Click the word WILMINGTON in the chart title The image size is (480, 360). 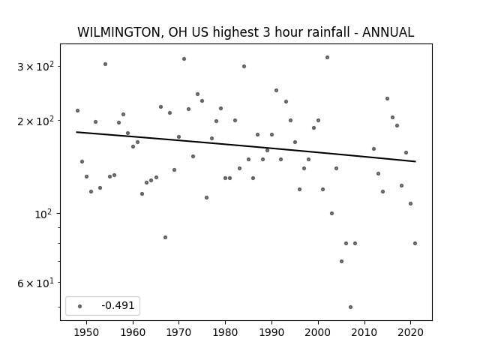point(118,32)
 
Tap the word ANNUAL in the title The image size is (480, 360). point(388,32)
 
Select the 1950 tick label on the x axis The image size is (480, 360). point(87,332)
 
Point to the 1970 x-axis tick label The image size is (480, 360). point(179,332)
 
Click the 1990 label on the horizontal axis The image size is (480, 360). point(271,332)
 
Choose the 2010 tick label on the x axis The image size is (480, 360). point(364,332)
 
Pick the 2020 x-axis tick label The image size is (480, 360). point(411,332)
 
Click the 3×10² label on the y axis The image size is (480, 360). point(35,66)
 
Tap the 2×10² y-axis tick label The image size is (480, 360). point(35,121)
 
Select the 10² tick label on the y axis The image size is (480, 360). point(43,214)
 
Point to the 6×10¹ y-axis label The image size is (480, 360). point(35,283)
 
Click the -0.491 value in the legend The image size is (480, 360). point(118,305)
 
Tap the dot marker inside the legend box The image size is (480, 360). point(80,306)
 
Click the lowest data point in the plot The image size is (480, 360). point(350,307)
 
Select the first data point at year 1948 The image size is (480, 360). point(77,110)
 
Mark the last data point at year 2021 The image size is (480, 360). point(415,243)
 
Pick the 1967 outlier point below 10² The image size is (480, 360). point(165,237)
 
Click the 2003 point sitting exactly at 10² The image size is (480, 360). point(331,213)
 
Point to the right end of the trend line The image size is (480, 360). point(415,161)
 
